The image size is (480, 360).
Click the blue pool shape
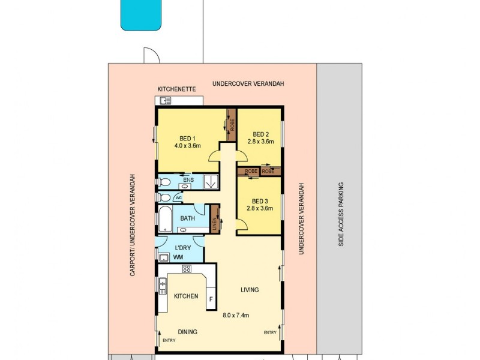(x=142, y=14)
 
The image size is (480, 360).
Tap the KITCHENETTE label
(x=176, y=89)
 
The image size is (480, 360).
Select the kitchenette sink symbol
(x=165, y=101)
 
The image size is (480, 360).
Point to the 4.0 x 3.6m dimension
(x=187, y=146)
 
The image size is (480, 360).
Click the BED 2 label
(x=260, y=134)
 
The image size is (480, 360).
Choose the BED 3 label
(x=259, y=201)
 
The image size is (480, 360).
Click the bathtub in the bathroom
(x=165, y=218)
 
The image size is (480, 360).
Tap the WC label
(x=178, y=197)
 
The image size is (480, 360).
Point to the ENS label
(x=188, y=179)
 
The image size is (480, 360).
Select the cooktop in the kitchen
(x=187, y=269)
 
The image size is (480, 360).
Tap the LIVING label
(x=250, y=290)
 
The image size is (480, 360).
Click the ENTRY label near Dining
(x=170, y=341)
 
